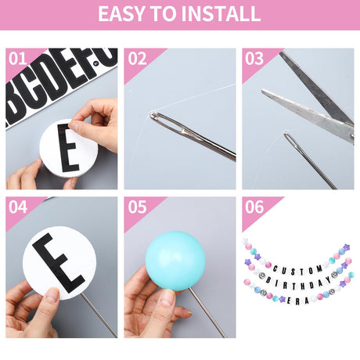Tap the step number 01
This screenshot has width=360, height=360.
(18, 59)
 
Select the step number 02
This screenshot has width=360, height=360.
(137, 59)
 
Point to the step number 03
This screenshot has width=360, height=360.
(254, 59)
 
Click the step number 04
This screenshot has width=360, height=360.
(18, 207)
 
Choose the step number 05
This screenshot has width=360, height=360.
(137, 207)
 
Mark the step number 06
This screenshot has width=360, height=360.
(254, 207)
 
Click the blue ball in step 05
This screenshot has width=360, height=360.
(175, 261)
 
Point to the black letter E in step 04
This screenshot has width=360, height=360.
(59, 263)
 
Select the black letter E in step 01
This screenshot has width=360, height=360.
(68, 148)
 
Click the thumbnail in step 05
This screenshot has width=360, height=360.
(167, 298)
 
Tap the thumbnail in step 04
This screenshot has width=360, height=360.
(52, 296)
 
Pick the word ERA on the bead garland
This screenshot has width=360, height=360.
(297, 301)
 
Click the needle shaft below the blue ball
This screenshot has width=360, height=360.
(207, 313)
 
